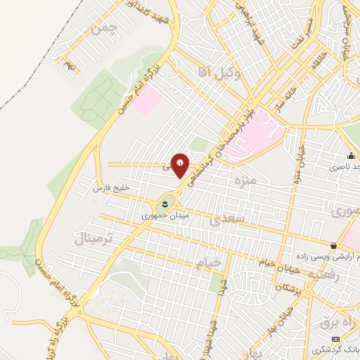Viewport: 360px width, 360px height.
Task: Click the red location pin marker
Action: [x=180, y=165]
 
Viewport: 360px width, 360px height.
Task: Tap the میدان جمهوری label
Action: [x=162, y=215]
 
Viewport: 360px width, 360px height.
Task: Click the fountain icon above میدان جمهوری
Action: [x=163, y=204]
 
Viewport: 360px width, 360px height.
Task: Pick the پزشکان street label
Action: [x=289, y=289]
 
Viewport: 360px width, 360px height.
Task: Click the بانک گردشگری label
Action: [x=333, y=349]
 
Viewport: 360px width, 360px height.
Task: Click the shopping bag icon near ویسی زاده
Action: [x=333, y=245]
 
